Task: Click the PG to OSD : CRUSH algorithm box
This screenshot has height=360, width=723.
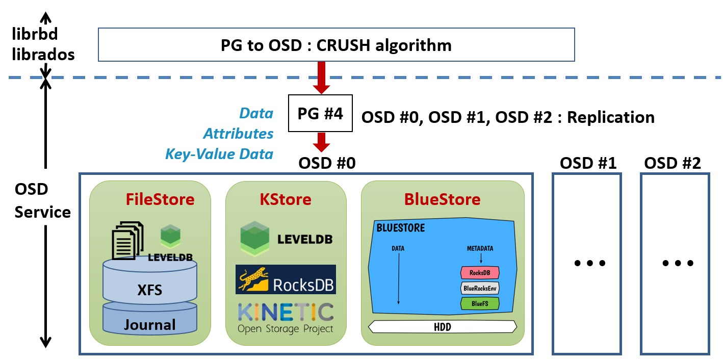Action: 336,45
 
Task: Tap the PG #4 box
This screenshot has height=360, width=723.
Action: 320,113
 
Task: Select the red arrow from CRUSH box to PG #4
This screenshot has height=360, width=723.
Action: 321,78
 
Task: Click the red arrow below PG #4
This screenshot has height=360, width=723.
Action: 321,142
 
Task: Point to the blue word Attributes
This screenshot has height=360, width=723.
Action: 238,134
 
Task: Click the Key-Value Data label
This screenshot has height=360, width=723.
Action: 219,154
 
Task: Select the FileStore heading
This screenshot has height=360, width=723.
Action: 160,199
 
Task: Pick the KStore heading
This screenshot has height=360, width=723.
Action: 286,199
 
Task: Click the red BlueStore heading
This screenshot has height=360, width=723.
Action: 442,199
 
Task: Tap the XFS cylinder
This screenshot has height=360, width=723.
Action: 150,284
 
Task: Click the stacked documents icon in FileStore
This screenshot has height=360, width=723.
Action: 126,240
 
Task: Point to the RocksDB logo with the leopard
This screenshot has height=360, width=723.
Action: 286,279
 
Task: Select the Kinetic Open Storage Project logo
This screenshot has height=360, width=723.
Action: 286,318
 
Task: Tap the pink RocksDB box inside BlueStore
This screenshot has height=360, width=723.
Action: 480,273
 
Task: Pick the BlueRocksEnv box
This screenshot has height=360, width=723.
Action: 480,288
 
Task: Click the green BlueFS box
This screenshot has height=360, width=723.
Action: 480,304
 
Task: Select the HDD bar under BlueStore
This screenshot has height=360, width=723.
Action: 443,327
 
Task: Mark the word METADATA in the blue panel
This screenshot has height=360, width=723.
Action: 480,248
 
